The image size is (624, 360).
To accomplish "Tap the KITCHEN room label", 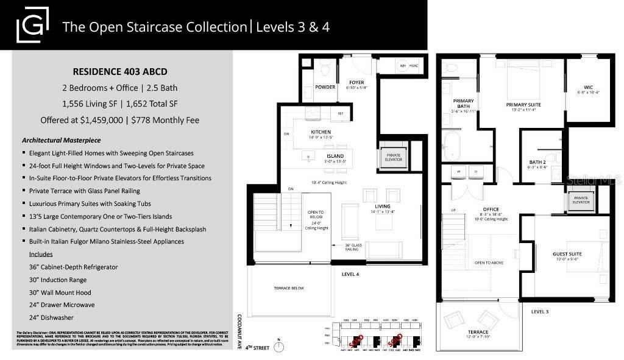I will pyautogui.click(x=321, y=132).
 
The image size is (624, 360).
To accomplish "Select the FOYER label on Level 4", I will pyautogui.click(x=356, y=82).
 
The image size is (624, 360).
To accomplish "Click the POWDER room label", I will pyautogui.click(x=325, y=87).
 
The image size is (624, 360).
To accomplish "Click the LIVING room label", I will pyautogui.click(x=382, y=206).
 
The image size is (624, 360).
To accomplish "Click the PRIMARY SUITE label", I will pyautogui.click(x=523, y=105).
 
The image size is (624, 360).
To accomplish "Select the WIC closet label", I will pyautogui.click(x=588, y=87).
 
